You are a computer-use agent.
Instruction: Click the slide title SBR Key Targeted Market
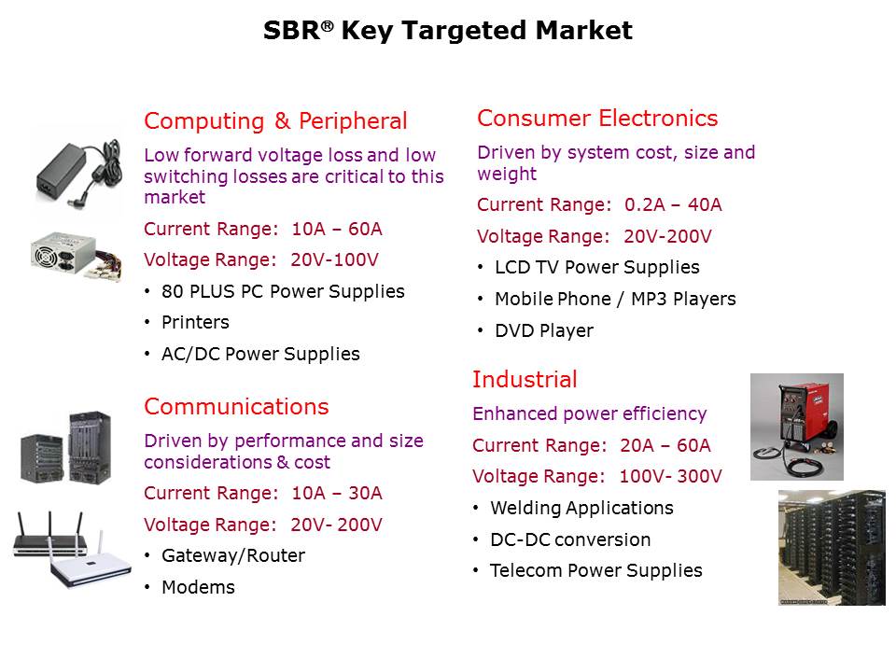[448, 31]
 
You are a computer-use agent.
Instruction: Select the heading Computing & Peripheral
[275, 121]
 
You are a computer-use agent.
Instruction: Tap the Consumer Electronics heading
[597, 119]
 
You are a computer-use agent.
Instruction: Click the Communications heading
[236, 407]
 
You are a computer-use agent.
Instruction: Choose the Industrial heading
[525, 380]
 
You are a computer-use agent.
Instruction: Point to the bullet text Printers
[195, 322]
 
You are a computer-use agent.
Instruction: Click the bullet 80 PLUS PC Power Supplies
[283, 291]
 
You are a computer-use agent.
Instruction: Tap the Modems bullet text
[198, 587]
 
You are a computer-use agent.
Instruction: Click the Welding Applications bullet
[581, 508]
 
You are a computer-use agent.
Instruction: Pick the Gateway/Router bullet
[232, 555]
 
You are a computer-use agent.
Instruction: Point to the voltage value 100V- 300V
[670, 476]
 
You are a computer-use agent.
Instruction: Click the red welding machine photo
[796, 426]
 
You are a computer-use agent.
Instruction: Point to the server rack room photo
[831, 548]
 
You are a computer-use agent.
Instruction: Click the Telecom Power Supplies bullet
[595, 570]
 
